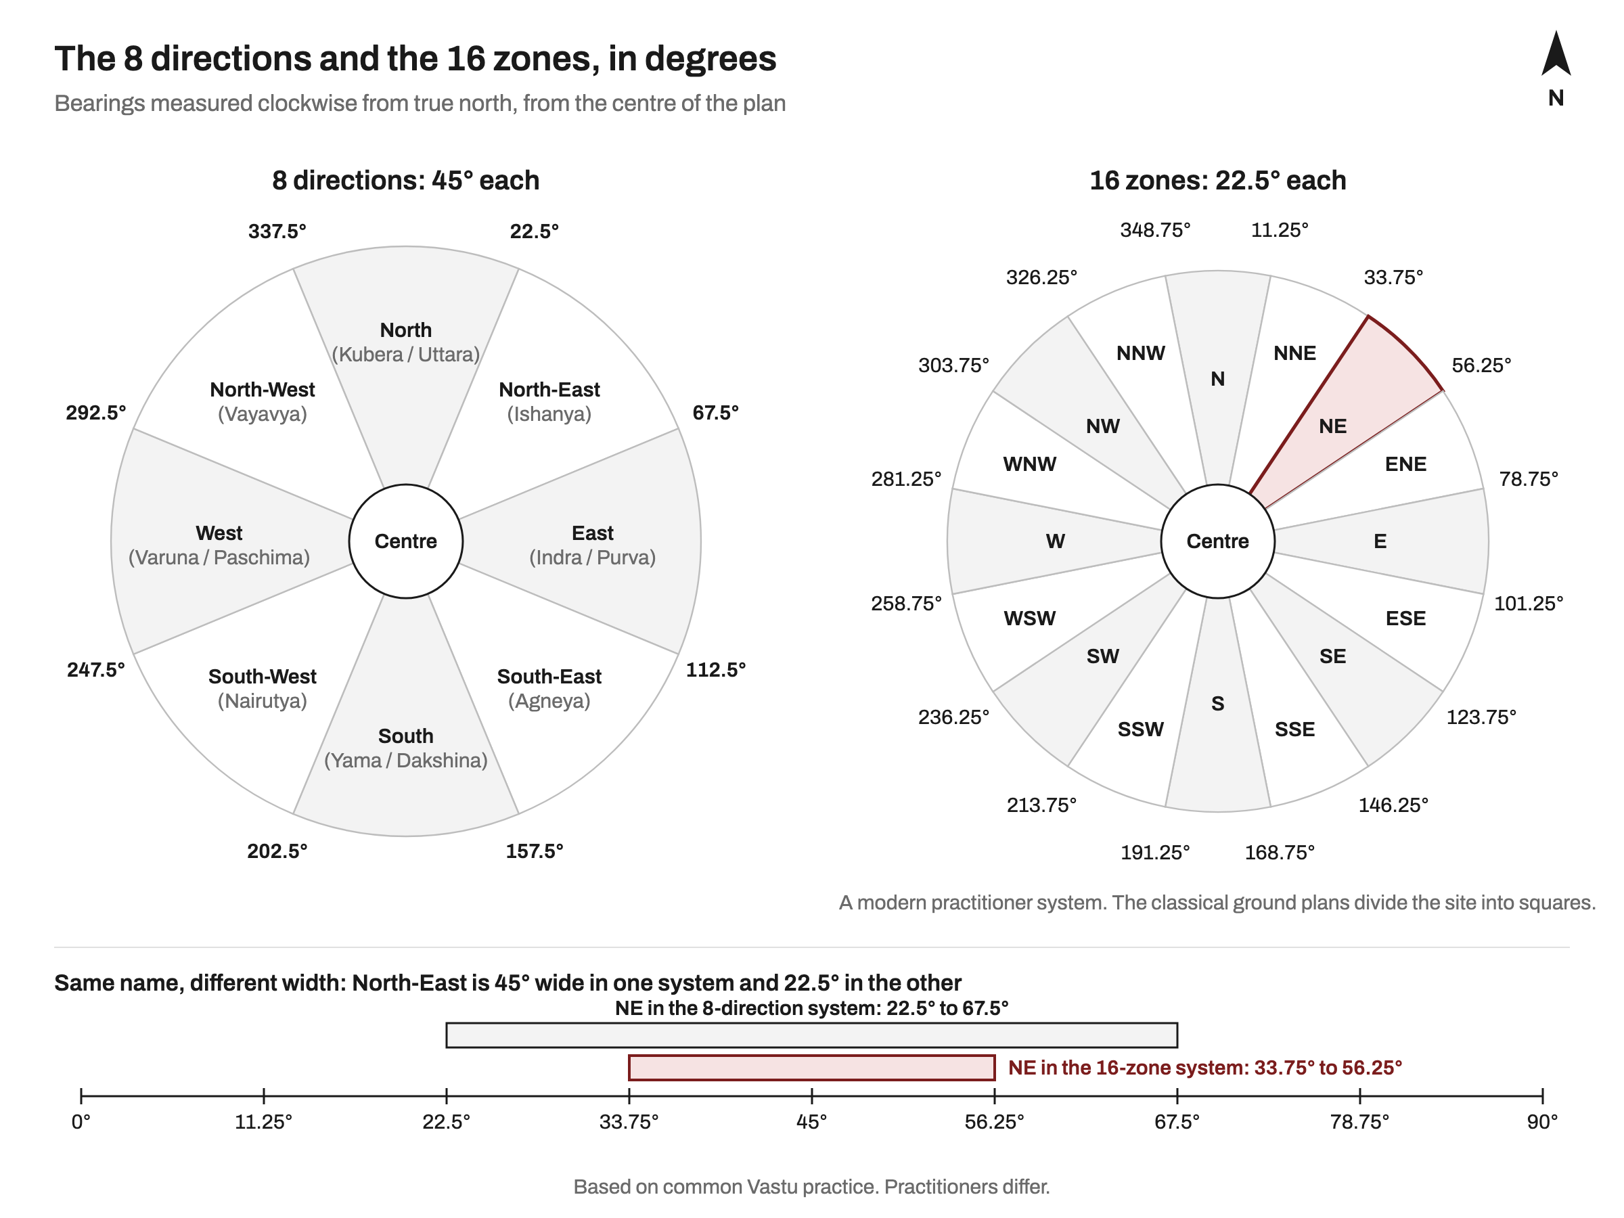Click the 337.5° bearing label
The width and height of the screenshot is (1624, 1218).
pos(277,231)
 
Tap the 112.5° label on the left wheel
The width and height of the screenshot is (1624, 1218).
pos(716,670)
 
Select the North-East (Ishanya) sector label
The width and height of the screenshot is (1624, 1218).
pos(549,401)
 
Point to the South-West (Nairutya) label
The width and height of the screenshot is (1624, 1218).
pos(262,688)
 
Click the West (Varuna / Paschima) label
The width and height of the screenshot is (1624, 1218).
pos(219,545)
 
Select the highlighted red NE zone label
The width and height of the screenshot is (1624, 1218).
pos(1332,426)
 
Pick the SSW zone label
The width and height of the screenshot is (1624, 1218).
pos(1141,729)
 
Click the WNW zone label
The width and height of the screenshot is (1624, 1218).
pos(1030,464)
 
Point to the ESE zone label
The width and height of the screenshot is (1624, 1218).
pos(1406,618)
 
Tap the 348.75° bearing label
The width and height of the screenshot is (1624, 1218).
pos(1156,230)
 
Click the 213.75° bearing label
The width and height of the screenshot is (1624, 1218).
pos(1042,805)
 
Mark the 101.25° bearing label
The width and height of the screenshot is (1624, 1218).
pos(1529,604)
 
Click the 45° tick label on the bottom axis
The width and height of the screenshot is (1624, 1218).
pos(812,1122)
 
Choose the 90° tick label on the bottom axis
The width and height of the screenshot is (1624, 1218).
pos(1543,1122)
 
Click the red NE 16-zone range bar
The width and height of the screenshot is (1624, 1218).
pos(812,1068)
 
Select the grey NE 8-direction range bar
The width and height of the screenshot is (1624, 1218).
pos(812,1035)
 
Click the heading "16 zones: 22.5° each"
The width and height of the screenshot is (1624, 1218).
pos(1218,181)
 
